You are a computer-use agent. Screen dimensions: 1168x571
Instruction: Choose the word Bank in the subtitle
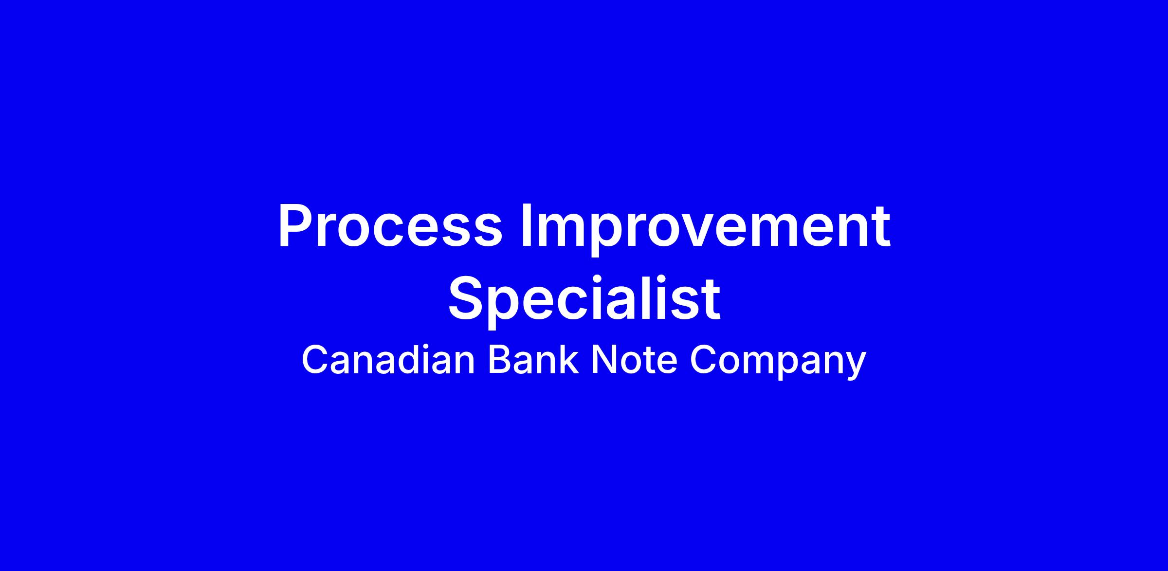[x=533, y=360]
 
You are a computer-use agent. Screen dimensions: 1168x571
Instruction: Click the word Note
[x=634, y=361]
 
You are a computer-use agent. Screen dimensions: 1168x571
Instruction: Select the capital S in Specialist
[x=467, y=299]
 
